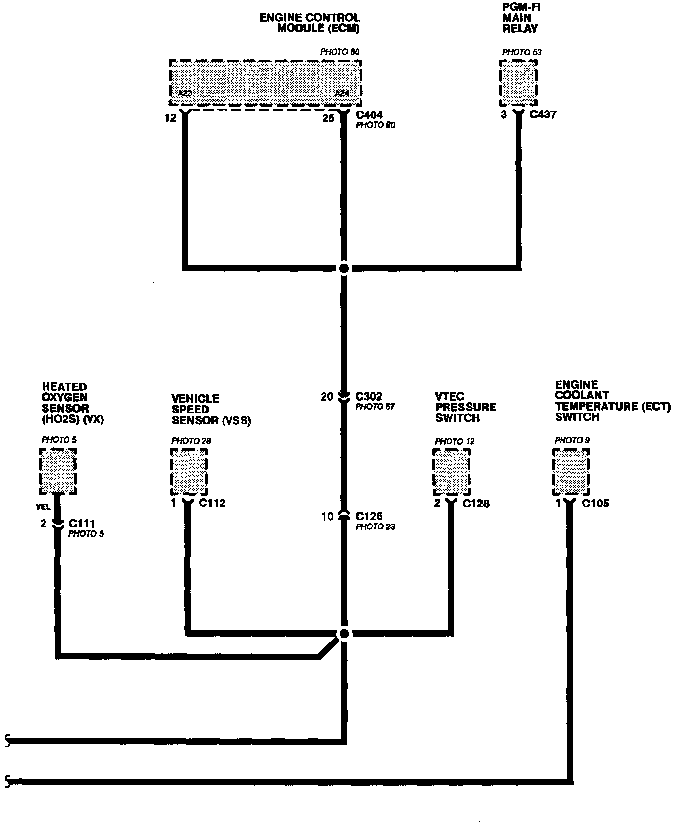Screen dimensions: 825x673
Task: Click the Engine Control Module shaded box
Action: tap(265, 82)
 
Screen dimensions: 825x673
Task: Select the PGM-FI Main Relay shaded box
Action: tap(518, 83)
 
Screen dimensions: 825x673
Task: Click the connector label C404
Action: tap(369, 115)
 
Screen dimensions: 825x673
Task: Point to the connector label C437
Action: tap(543, 115)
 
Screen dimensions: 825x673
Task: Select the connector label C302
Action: tap(369, 396)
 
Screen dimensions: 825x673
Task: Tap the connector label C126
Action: tap(369, 516)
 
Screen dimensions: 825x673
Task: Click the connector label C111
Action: tap(82, 524)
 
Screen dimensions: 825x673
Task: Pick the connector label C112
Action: tap(212, 503)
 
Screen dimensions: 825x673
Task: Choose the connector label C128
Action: tap(476, 504)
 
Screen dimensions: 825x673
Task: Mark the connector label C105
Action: tap(595, 504)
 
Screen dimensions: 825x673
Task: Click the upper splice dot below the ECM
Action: tap(344, 268)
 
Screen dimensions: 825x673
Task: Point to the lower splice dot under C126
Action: tap(344, 634)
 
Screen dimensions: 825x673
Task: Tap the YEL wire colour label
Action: tap(44, 507)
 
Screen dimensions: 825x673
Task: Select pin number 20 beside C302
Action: tap(327, 397)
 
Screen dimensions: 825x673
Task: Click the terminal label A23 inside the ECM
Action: tap(185, 92)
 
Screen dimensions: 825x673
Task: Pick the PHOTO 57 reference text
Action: tap(375, 407)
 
